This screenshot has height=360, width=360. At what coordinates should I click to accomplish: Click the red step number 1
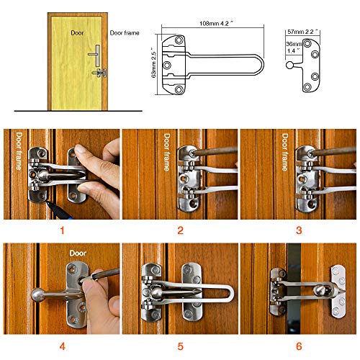coord(60,231)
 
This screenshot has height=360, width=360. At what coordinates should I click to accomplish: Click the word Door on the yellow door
coord(78,33)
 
